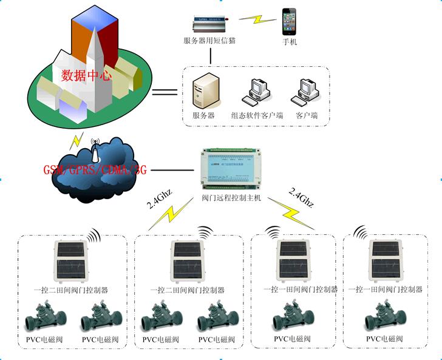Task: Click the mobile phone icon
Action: coord(289,22)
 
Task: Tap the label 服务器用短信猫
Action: coord(209,41)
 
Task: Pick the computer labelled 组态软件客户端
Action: coord(254,91)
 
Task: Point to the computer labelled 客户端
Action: coord(306,91)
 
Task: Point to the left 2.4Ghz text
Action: coord(158,199)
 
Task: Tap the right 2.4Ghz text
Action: coord(302,198)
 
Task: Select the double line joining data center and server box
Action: coord(165,92)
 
